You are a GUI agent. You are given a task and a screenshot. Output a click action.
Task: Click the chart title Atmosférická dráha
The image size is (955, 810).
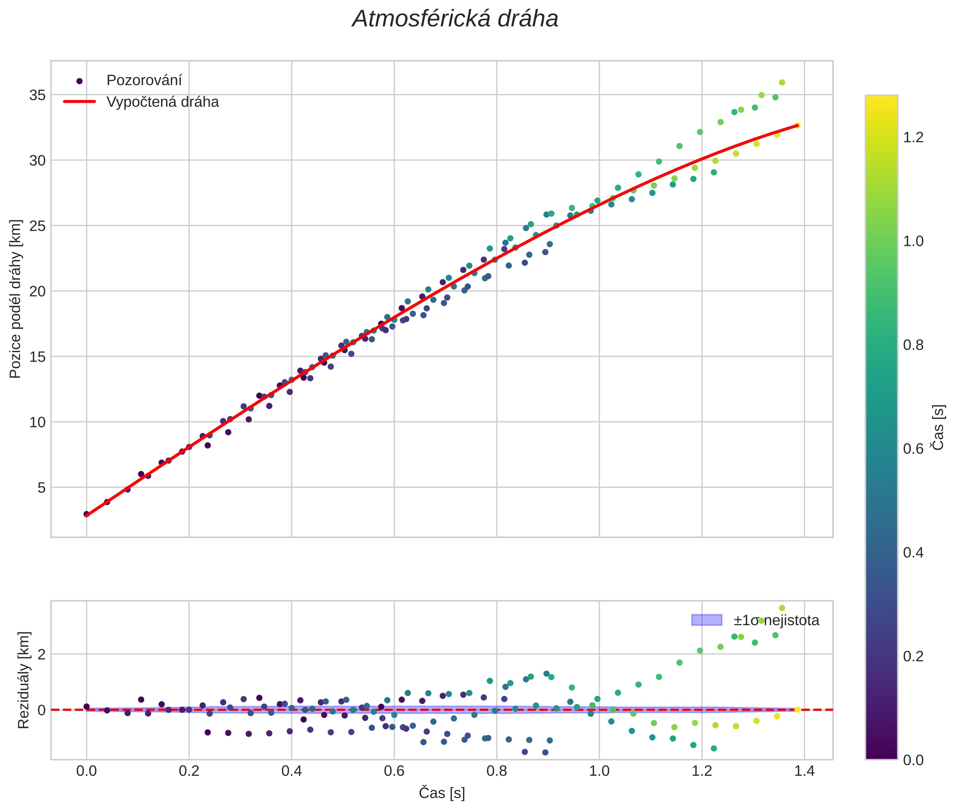click(x=454, y=19)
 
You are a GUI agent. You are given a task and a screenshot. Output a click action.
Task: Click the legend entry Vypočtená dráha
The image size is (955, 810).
click(x=163, y=102)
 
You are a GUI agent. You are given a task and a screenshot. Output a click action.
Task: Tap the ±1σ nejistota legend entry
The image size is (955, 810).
click(x=776, y=621)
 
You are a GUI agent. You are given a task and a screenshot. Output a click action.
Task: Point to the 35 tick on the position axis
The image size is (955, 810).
click(x=38, y=95)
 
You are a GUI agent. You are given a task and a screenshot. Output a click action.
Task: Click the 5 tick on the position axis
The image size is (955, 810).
click(x=42, y=488)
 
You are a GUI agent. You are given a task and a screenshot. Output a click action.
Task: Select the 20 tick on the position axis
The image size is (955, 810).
click(x=38, y=291)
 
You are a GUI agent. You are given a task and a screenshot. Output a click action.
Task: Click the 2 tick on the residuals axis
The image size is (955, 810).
click(x=42, y=654)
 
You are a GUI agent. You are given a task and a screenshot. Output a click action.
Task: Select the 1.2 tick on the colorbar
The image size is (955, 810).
click(x=913, y=137)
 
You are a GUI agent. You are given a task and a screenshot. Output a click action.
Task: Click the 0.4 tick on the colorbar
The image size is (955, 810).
click(x=913, y=552)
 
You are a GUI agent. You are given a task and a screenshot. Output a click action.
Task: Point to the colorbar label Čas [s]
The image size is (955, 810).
click(x=938, y=427)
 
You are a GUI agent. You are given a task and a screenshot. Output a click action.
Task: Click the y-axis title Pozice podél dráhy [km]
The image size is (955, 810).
click(x=15, y=299)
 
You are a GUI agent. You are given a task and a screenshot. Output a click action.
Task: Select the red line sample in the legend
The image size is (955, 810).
click(x=79, y=101)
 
